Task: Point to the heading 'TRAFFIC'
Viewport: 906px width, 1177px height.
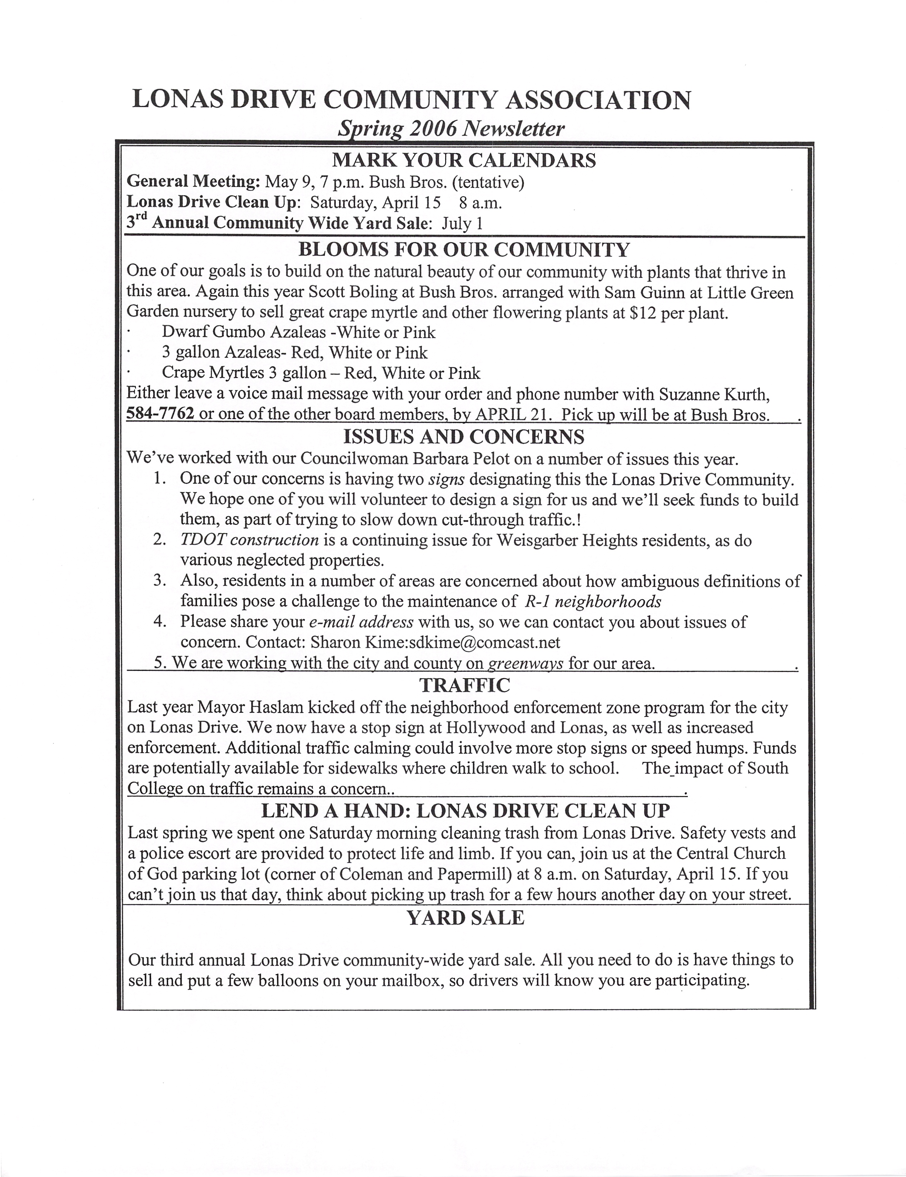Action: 464,685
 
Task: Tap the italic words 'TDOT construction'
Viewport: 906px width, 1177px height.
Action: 249,540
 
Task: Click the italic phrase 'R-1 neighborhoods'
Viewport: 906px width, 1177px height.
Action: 593,601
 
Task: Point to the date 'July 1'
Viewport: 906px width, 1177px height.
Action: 462,223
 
